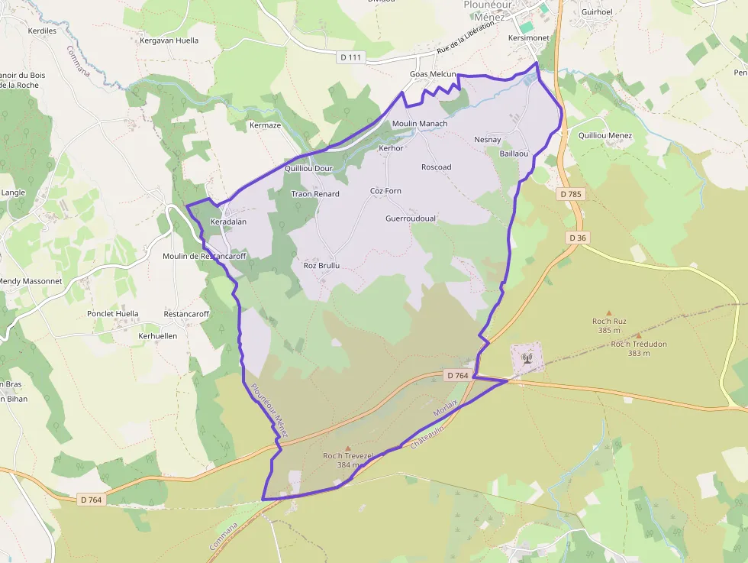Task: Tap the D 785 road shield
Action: [x=570, y=194]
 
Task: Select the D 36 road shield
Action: [x=578, y=238]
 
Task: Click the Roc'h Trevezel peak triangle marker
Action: [x=348, y=448]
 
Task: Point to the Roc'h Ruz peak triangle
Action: [x=609, y=312]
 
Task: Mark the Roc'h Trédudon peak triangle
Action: [x=639, y=335]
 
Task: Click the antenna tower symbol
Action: [x=526, y=357]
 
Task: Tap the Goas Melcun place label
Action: [x=433, y=74]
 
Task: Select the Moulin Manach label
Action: [x=419, y=123]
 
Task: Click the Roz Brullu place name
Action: [x=321, y=265]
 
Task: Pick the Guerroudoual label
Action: [x=411, y=218]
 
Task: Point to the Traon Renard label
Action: [x=315, y=194]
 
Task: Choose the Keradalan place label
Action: [x=228, y=222]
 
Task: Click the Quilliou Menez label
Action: [x=605, y=136]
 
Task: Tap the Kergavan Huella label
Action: [x=169, y=40]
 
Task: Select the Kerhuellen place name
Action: [x=158, y=335]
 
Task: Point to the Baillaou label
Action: [x=514, y=154]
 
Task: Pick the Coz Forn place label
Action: [x=385, y=191]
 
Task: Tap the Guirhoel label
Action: [x=597, y=12]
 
